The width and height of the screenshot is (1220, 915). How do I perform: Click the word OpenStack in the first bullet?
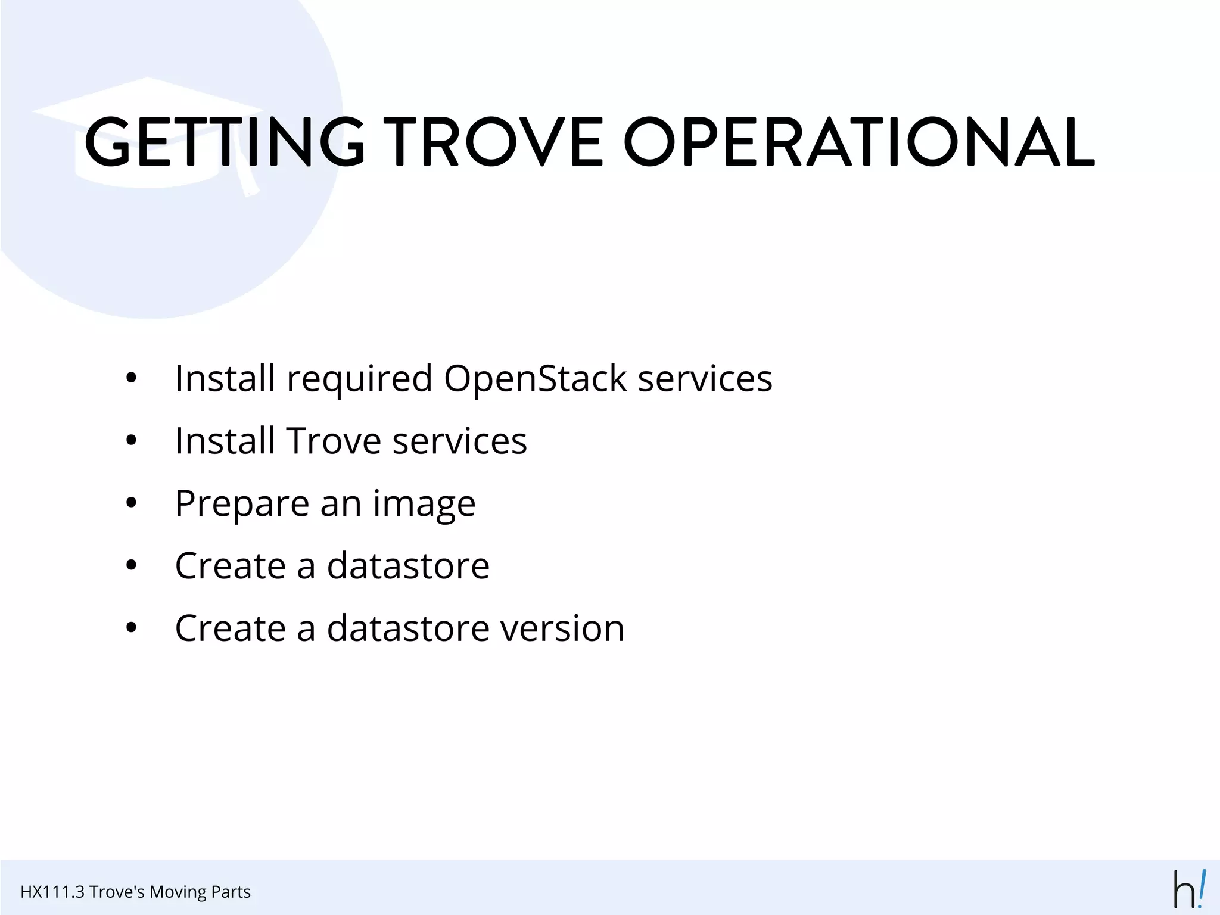pyautogui.click(x=535, y=379)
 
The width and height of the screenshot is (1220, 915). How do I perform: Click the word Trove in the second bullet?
pyautogui.click(x=334, y=441)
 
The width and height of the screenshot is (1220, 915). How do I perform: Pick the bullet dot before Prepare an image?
pyautogui.click(x=132, y=503)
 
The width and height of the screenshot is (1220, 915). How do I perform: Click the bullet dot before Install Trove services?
pyautogui.click(x=132, y=441)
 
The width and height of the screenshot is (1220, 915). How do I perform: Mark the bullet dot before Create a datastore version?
pyautogui.click(x=132, y=628)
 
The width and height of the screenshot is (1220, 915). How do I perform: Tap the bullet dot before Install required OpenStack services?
pyautogui.click(x=132, y=378)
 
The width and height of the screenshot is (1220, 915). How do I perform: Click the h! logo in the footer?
pyautogui.click(x=1189, y=889)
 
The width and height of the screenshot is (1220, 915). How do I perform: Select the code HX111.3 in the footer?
pyautogui.click(x=52, y=892)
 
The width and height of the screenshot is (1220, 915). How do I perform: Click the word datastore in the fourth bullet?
pyautogui.click(x=408, y=566)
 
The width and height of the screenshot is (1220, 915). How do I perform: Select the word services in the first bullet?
pyautogui.click(x=705, y=379)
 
